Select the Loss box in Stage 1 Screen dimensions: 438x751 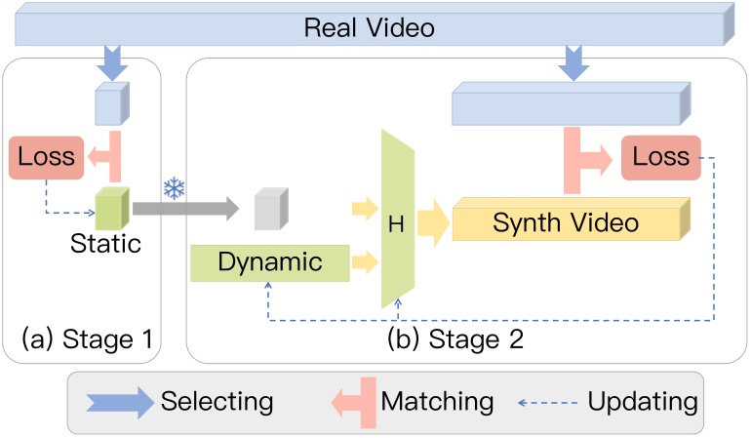pyautogui.click(x=43, y=157)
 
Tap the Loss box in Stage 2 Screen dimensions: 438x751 pyautogui.click(x=660, y=157)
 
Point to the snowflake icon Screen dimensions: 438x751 pyautogui.click(x=174, y=188)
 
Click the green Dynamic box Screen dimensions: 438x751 pyautogui.click(x=268, y=261)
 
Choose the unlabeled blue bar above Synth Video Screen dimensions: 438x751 pyautogui.click(x=570, y=104)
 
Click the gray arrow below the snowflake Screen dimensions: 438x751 pyautogui.click(x=184, y=208)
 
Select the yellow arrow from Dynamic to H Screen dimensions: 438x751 pyautogui.click(x=367, y=260)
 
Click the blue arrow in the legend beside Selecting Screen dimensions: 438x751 pyautogui.click(x=116, y=401)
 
